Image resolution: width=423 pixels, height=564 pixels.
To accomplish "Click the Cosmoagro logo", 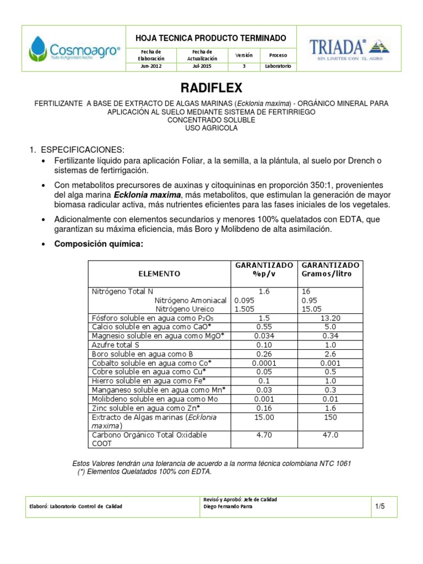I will (x=74, y=48).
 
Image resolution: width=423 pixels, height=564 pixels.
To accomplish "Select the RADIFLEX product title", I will (x=211, y=89).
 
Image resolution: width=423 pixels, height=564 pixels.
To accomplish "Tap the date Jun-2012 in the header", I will (x=151, y=67).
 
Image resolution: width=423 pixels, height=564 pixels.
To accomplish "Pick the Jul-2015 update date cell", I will (x=202, y=67).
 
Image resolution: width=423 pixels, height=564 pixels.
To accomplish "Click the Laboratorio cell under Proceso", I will (x=278, y=67).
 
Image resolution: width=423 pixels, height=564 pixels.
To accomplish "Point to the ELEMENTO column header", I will (x=159, y=273).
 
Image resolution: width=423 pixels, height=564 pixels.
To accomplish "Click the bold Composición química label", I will (x=99, y=244).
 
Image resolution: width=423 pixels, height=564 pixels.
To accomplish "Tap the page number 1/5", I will (x=379, y=506).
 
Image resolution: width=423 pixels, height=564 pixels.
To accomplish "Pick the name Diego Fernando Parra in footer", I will (x=228, y=507).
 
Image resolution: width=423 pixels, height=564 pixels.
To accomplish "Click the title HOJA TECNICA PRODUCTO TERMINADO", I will (x=211, y=38).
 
